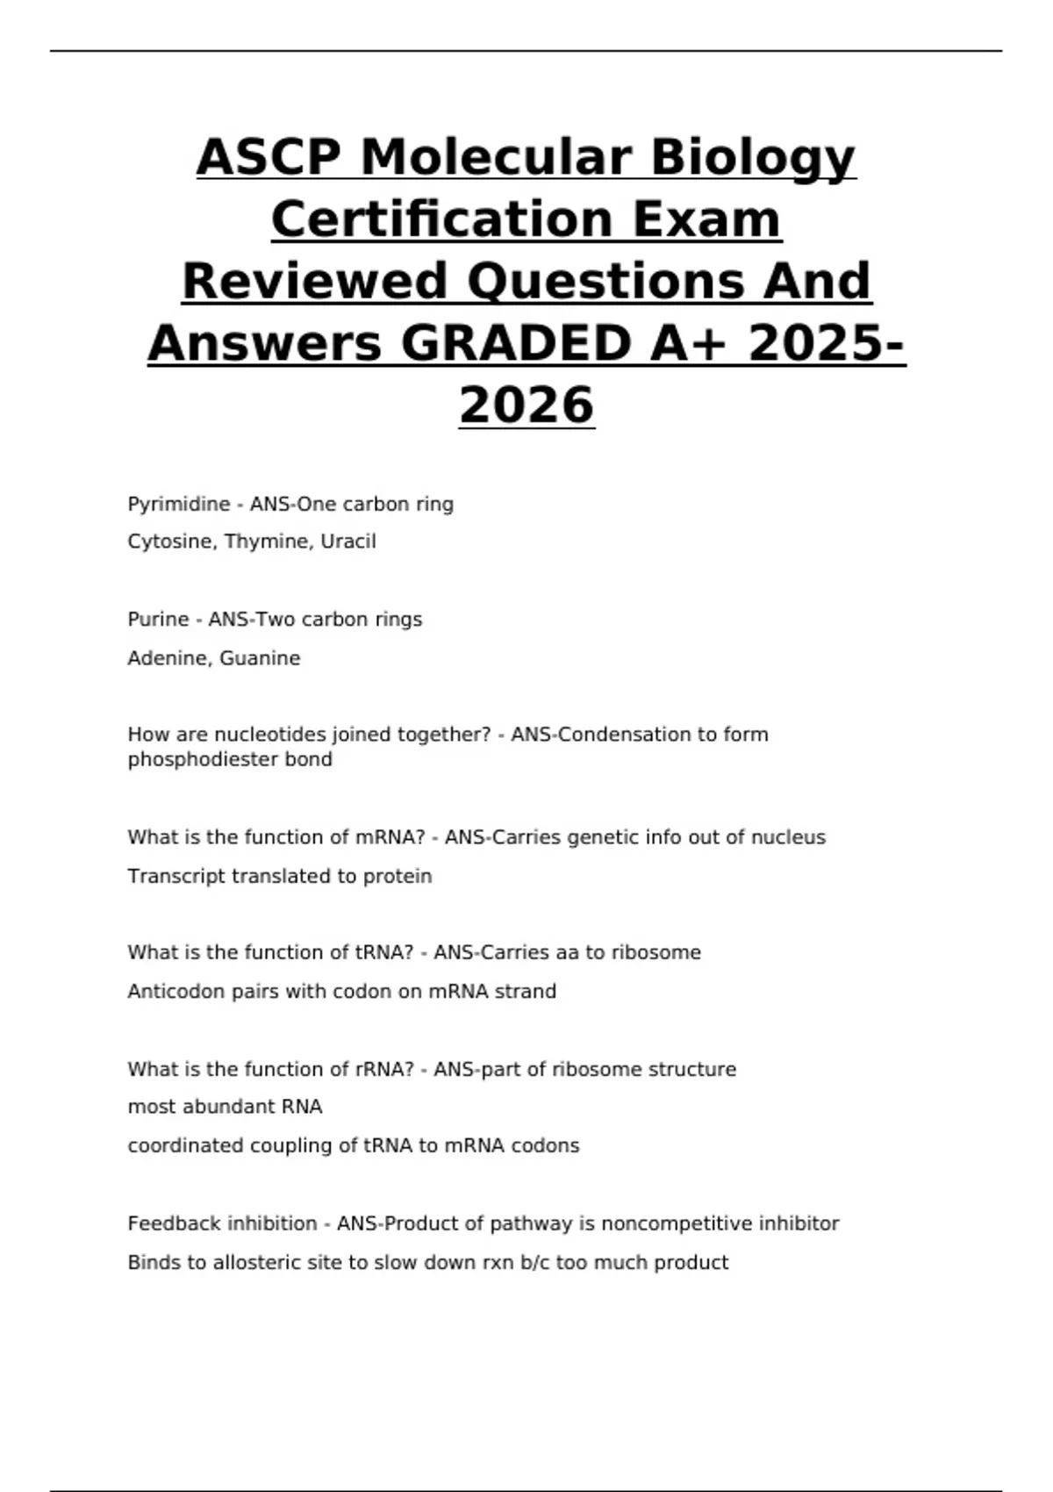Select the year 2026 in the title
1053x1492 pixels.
tap(526, 405)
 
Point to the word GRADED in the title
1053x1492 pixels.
tap(516, 342)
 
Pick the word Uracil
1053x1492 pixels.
tap(348, 542)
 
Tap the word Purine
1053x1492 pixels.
tap(158, 620)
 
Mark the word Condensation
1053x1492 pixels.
tap(620, 735)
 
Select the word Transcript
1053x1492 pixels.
tap(176, 876)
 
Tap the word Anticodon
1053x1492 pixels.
tap(176, 992)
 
